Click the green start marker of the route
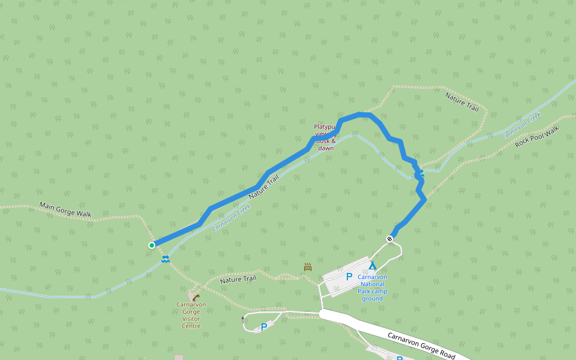(152, 245)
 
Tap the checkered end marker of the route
(390, 239)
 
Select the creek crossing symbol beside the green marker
(165, 259)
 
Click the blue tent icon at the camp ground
(373, 265)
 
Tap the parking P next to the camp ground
(349, 277)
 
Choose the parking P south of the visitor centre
(263, 327)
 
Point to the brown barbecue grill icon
(308, 267)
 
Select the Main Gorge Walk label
(65, 209)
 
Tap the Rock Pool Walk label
(537, 137)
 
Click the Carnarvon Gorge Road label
(421, 345)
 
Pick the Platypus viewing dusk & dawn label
(325, 137)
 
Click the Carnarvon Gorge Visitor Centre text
(191, 315)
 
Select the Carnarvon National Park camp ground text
(372, 287)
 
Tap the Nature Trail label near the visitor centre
(238, 279)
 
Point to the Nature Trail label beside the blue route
(264, 187)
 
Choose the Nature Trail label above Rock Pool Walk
(461, 101)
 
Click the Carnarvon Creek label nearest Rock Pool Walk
(521, 125)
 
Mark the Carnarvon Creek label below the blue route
(231, 218)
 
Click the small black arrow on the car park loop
(243, 319)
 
